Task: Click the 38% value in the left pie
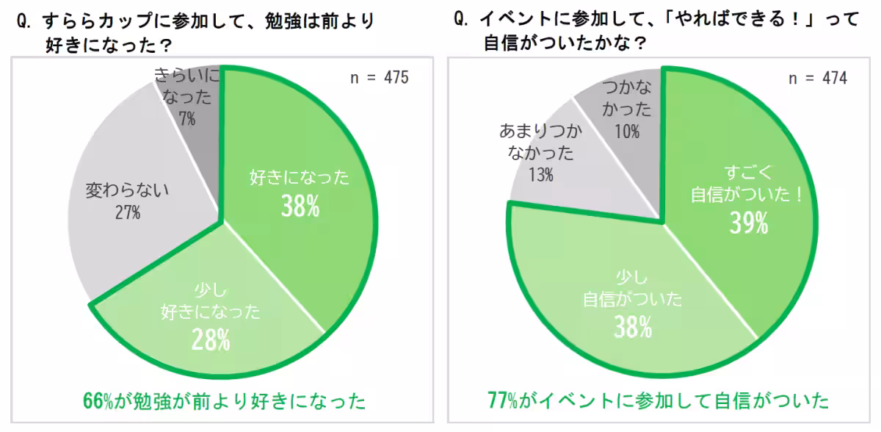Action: [300, 206]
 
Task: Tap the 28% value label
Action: [211, 339]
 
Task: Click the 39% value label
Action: [749, 221]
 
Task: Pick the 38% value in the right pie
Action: [633, 326]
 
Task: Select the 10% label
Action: [627, 132]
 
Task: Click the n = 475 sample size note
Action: [378, 79]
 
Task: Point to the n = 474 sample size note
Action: [817, 79]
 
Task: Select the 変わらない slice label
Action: [128, 191]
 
